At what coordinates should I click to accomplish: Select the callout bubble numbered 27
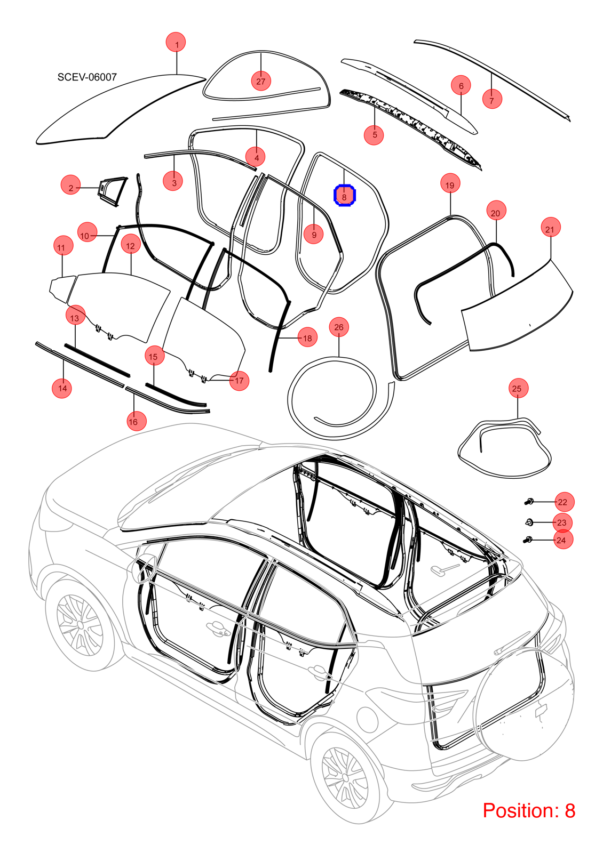point(261,81)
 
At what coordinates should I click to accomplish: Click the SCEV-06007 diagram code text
point(87,77)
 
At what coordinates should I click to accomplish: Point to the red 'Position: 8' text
point(529,810)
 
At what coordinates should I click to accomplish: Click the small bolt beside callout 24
point(529,539)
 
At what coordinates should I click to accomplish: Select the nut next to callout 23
point(529,522)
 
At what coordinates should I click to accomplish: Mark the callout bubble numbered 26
point(339,327)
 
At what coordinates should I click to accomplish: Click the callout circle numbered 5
point(374,134)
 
